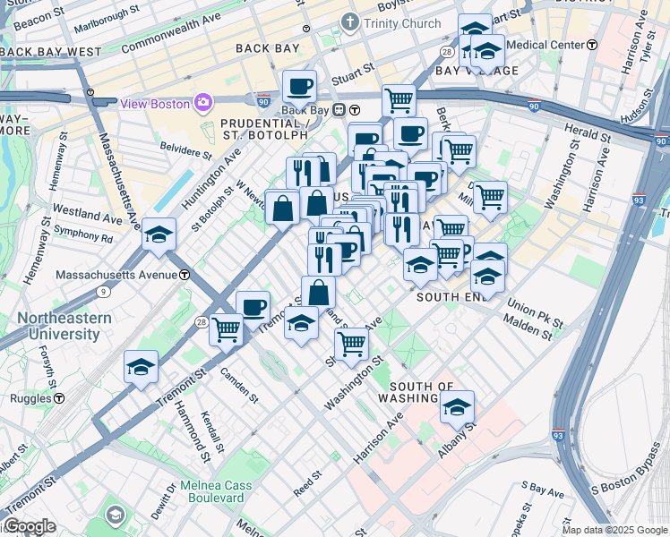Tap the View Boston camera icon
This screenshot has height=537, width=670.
click(204, 103)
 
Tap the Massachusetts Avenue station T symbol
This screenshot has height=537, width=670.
click(183, 274)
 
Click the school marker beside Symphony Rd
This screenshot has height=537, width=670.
click(159, 234)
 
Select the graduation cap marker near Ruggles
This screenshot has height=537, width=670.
click(142, 367)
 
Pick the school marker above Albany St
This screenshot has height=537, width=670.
click(457, 407)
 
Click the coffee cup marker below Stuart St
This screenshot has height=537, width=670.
click(300, 86)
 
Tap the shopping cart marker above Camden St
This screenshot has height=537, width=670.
click(226, 328)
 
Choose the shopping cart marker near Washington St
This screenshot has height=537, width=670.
click(352, 342)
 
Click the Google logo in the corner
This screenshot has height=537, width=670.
click(29, 526)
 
